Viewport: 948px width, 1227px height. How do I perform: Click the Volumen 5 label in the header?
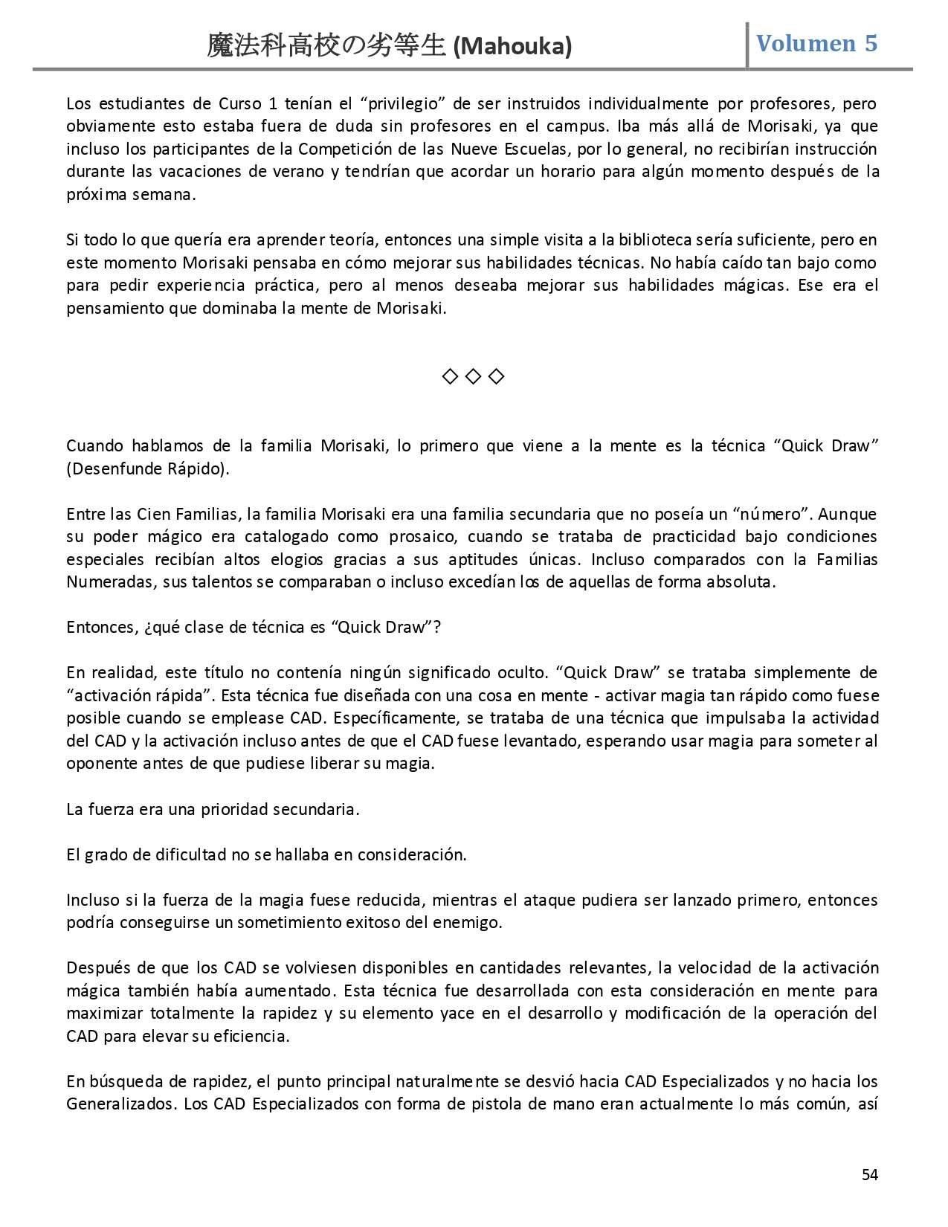click(816, 43)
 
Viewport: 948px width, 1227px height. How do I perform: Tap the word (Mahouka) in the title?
click(513, 47)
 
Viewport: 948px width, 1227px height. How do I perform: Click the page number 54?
click(869, 1174)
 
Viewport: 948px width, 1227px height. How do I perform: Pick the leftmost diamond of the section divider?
click(449, 377)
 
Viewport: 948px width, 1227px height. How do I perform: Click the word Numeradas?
click(110, 582)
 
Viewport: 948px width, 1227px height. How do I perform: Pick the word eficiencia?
click(251, 1036)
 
